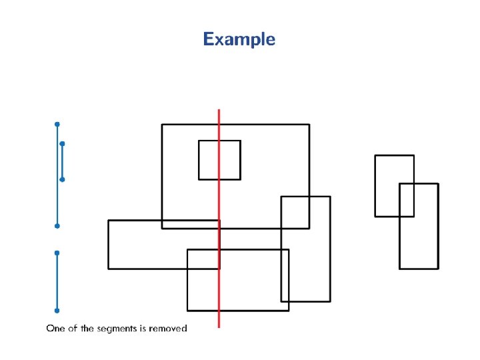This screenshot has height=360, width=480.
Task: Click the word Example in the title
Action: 239,39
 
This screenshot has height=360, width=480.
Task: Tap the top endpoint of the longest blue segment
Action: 57,124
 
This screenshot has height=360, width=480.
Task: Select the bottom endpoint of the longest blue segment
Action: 57,226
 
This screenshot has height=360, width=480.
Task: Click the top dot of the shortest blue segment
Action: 62,143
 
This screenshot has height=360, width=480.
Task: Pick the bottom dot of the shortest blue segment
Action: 62,179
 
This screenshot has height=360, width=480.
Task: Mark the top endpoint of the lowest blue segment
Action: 57,253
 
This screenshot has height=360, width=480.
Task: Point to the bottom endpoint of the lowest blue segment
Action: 57,311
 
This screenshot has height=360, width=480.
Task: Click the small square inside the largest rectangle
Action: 219,160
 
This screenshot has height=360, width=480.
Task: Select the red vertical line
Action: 219,280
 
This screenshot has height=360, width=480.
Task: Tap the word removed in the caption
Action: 169,328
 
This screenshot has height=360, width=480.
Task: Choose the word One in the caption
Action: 54,328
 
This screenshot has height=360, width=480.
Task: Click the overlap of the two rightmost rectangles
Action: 407,199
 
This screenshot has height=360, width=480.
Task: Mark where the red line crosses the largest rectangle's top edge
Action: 219,124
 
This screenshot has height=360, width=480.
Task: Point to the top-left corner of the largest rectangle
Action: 162,124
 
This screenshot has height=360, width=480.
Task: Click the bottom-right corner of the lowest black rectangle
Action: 289,310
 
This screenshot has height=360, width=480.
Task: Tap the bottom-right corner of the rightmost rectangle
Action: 438,269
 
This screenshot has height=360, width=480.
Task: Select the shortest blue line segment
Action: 62,161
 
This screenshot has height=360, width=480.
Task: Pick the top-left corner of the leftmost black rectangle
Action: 109,221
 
